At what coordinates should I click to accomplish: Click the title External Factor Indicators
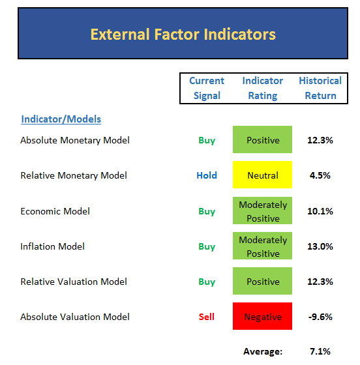pyautogui.click(x=183, y=34)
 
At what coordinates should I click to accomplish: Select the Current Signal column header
pyautogui.click(x=207, y=88)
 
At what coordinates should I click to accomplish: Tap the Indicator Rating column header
pyautogui.click(x=263, y=88)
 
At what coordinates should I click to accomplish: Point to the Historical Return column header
pyautogui.click(x=320, y=88)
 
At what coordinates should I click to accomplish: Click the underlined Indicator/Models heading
pyautogui.click(x=61, y=119)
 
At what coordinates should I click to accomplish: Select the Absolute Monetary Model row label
pyautogui.click(x=75, y=140)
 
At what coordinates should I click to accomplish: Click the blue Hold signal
pyautogui.click(x=207, y=175)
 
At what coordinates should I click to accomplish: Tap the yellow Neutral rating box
pyautogui.click(x=262, y=175)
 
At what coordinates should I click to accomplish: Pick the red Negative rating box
pyautogui.click(x=262, y=316)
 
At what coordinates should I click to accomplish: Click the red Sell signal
pyautogui.click(x=207, y=317)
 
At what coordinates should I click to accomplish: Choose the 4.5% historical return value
pyautogui.click(x=320, y=175)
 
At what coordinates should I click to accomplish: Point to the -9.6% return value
pyautogui.click(x=320, y=317)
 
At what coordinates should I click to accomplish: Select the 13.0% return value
pyautogui.click(x=320, y=246)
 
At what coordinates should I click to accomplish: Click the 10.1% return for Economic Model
pyautogui.click(x=320, y=211)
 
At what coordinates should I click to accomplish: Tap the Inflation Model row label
pyautogui.click(x=52, y=246)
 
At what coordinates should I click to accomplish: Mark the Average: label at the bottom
pyautogui.click(x=263, y=351)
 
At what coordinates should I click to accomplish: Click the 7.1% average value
pyautogui.click(x=320, y=351)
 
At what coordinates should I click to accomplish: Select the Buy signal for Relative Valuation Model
pyautogui.click(x=207, y=282)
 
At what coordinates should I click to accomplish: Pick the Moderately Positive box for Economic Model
pyautogui.click(x=262, y=211)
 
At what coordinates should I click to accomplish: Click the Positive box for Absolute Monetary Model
pyautogui.click(x=262, y=139)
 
